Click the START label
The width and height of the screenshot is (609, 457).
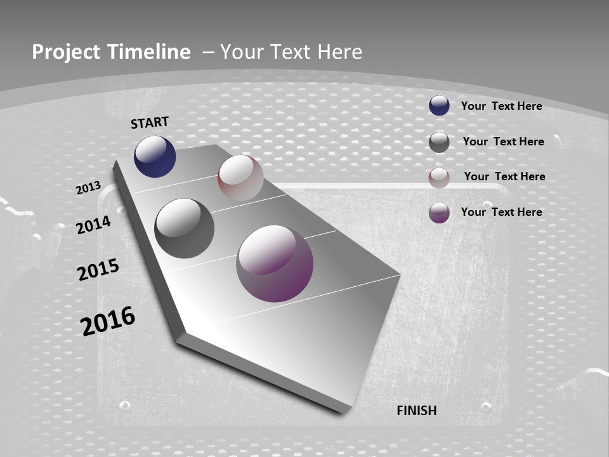pyautogui.click(x=150, y=123)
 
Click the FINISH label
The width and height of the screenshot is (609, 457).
pyautogui.click(x=416, y=411)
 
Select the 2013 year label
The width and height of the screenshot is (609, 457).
pyautogui.click(x=89, y=188)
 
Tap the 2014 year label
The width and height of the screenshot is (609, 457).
pyautogui.click(x=93, y=225)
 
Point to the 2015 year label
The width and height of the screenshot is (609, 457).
pyautogui.click(x=98, y=270)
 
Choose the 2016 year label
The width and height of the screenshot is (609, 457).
pyautogui.click(x=108, y=321)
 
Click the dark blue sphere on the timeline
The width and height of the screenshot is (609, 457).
pyautogui.click(x=155, y=157)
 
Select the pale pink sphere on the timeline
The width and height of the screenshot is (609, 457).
pyautogui.click(x=240, y=178)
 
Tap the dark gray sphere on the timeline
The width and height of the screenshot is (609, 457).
pyautogui.click(x=184, y=228)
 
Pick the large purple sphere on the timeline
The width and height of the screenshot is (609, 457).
pyautogui.click(x=275, y=263)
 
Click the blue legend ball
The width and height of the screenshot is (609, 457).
pyautogui.click(x=439, y=106)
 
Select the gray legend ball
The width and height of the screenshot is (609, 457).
pyautogui.click(x=439, y=142)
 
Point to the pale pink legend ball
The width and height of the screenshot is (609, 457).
pyautogui.click(x=439, y=178)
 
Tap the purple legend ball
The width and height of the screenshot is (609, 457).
pyautogui.click(x=439, y=213)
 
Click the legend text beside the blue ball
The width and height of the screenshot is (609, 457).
pyautogui.click(x=501, y=106)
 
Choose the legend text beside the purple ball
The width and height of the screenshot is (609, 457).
pyautogui.click(x=501, y=212)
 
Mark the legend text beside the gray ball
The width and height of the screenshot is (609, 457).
pyautogui.click(x=503, y=142)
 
